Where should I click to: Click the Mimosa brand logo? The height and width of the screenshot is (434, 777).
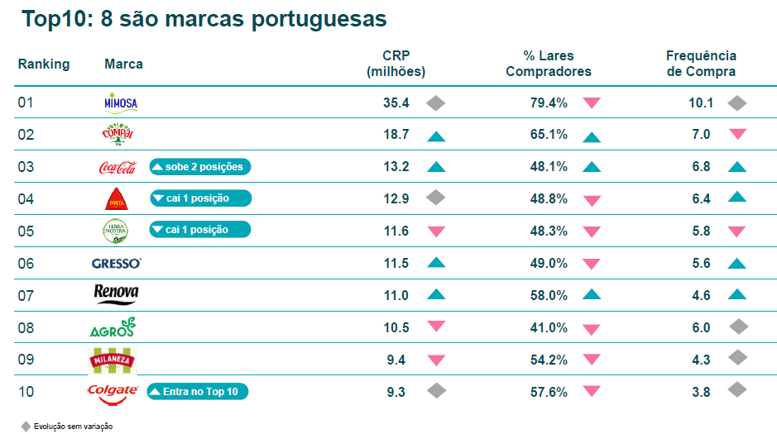[x=121, y=103]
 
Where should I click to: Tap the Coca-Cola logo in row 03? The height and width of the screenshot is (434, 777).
[x=118, y=167]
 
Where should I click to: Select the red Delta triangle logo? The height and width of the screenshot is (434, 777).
[x=117, y=199]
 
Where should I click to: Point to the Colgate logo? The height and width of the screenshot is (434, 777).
[x=113, y=394]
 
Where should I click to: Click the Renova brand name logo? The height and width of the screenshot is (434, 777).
[x=117, y=294]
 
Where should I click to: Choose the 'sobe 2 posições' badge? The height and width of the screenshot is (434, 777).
[x=200, y=167]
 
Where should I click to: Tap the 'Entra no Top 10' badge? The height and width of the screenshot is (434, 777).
[x=198, y=392]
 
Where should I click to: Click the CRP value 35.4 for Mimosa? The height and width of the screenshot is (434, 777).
[x=396, y=103]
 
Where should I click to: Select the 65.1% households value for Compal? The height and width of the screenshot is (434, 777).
[x=549, y=135]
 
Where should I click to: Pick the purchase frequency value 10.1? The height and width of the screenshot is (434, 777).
[x=701, y=103]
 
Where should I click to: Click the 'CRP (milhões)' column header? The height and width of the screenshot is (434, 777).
[x=396, y=64]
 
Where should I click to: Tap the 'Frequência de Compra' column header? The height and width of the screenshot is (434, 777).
[x=701, y=64]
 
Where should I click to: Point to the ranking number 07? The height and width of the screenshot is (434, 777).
[x=26, y=295]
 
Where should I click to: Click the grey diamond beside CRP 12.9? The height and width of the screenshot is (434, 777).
[x=436, y=198]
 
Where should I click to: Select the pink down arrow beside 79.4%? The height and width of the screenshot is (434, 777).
[x=592, y=103]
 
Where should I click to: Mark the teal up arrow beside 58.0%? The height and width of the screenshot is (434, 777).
[x=592, y=295]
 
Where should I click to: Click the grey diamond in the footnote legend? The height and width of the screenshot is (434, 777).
[x=26, y=427]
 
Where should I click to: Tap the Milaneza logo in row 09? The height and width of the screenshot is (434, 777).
[x=113, y=360]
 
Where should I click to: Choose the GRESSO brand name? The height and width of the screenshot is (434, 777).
[x=117, y=263]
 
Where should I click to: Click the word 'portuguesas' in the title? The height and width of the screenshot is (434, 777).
[x=319, y=20]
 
